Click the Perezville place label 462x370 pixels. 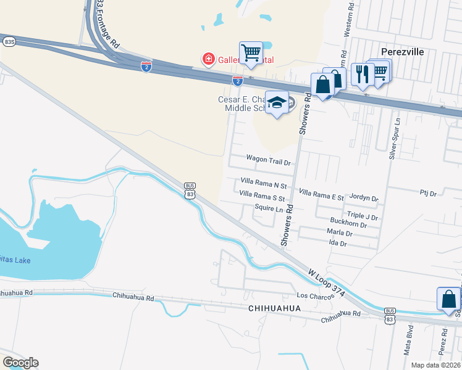(x=402, y=52)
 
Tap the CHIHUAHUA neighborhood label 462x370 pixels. (x=274, y=308)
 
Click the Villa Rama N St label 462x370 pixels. (x=264, y=186)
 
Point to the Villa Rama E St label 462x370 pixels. (x=321, y=193)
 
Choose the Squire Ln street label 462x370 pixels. (x=269, y=208)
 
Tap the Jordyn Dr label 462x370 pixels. (x=363, y=198)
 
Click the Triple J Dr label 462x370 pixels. (x=362, y=216)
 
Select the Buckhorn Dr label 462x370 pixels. (x=348, y=225)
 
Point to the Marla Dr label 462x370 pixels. (x=340, y=234)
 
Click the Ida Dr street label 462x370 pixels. (x=338, y=244)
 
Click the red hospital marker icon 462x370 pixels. (x=209, y=60)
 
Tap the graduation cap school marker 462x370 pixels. (x=277, y=103)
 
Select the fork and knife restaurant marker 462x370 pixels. (x=361, y=74)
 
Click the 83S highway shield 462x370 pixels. (x=9, y=41)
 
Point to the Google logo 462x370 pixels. (x=20, y=363)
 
